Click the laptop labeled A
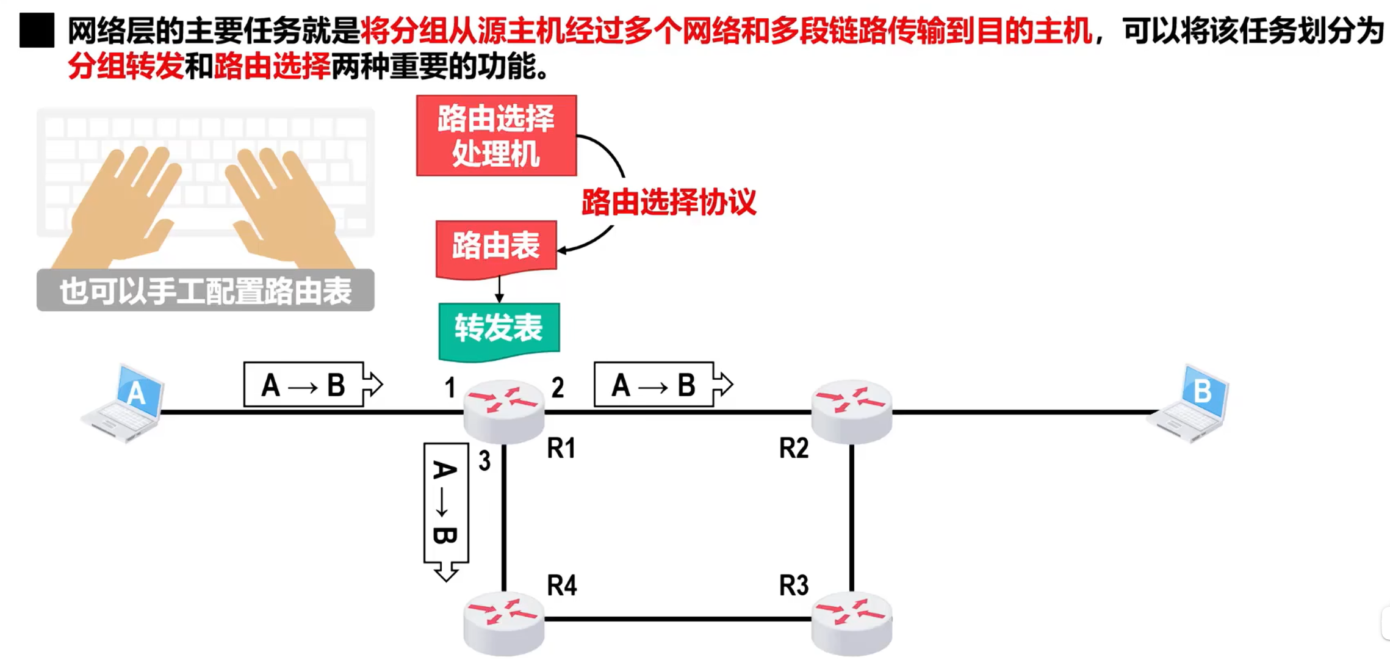pos(124,404)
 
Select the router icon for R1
pos(503,410)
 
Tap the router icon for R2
pos(851,410)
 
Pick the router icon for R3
pos(851,623)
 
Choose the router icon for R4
pos(503,623)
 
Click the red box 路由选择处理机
pos(496,136)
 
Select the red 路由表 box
pos(496,248)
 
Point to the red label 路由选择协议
pos(669,202)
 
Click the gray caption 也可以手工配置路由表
pos(205,291)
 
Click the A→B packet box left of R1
pos(304,385)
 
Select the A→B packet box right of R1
pos(654,385)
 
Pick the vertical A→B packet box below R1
pos(445,504)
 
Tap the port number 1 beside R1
pos(450,388)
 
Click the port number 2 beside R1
pos(557,388)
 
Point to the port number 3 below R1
pos(484,461)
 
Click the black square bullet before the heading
pos(37,31)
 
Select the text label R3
pos(793,585)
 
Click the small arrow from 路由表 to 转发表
pos(499,290)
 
